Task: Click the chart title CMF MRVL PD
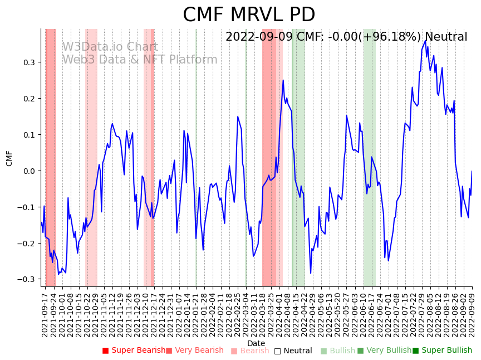[249, 15]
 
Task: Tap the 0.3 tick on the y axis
[31, 62]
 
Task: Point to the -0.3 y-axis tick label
[29, 279]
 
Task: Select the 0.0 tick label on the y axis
[31, 171]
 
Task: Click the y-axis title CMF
[9, 158]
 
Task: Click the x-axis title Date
[256, 343]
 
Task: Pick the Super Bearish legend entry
[134, 351]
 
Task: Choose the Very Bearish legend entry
[194, 351]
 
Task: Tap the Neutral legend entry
[293, 351]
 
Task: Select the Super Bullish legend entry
[442, 351]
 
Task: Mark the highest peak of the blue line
[425, 40]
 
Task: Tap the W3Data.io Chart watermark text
[110, 47]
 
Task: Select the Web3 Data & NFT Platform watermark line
[139, 60]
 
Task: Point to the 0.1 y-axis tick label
[31, 134]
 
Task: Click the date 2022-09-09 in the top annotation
[257, 37]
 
